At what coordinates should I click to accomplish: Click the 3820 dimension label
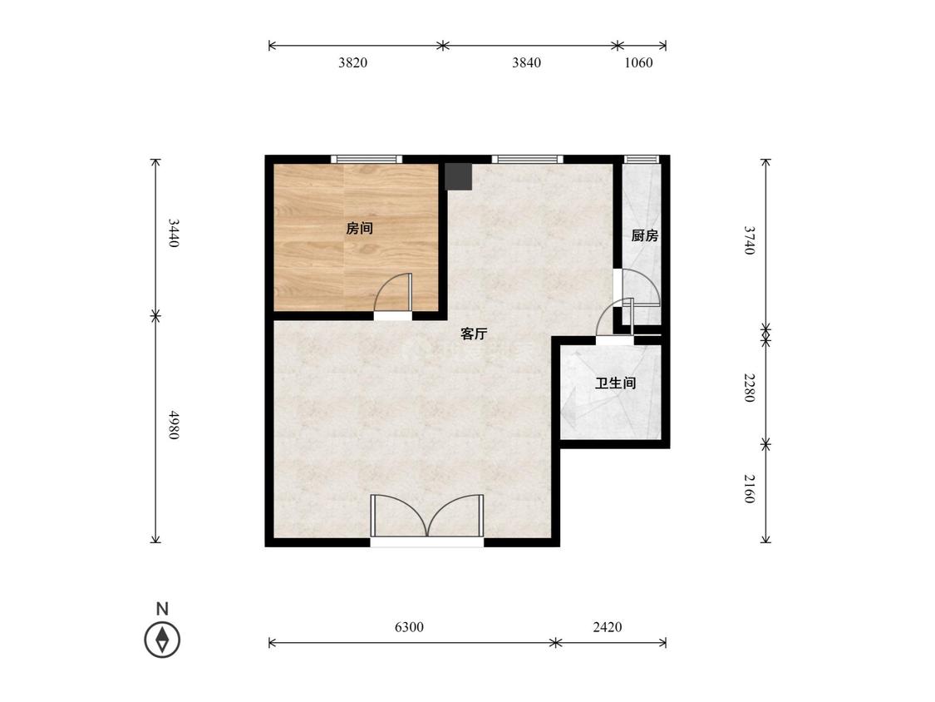click(352, 62)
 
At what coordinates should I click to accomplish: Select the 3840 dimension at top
click(527, 62)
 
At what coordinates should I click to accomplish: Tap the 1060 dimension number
click(638, 62)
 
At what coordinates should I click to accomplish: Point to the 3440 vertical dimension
click(173, 234)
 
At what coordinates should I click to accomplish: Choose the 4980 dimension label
click(173, 425)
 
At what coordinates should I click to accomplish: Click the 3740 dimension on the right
click(750, 240)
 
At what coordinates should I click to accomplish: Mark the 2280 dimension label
click(750, 388)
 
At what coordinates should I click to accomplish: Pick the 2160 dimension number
click(750, 489)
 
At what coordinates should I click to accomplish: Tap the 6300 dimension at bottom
click(409, 627)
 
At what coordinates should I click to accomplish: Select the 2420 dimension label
click(607, 627)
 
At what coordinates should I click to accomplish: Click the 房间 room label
click(360, 228)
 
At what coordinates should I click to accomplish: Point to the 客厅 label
click(474, 334)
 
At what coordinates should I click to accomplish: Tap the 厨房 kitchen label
click(645, 235)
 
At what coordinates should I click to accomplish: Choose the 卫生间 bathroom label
click(615, 383)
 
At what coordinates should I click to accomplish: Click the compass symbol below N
click(162, 640)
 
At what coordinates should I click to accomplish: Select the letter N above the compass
click(162, 609)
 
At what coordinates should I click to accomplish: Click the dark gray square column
click(459, 176)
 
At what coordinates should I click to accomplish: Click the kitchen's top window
click(642, 159)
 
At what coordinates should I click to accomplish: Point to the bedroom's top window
click(367, 159)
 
